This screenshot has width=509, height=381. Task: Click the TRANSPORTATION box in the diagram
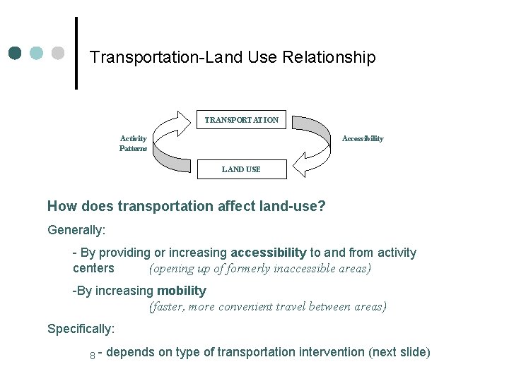[241, 120]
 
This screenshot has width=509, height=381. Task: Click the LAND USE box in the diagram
[241, 169]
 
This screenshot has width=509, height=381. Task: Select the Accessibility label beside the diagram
[363, 138]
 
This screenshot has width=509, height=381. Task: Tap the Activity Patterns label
[134, 143]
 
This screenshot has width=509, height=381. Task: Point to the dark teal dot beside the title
[16, 53]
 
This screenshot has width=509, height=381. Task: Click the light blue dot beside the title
[37, 53]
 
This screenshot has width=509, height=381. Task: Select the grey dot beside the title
[58, 53]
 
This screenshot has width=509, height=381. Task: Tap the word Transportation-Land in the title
[167, 57]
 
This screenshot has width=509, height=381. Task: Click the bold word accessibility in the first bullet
[269, 253]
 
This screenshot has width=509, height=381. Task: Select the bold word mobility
[181, 291]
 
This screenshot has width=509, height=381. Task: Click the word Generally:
[76, 229]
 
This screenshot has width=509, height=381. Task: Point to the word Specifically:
[81, 329]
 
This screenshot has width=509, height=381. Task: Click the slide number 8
[93, 355]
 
